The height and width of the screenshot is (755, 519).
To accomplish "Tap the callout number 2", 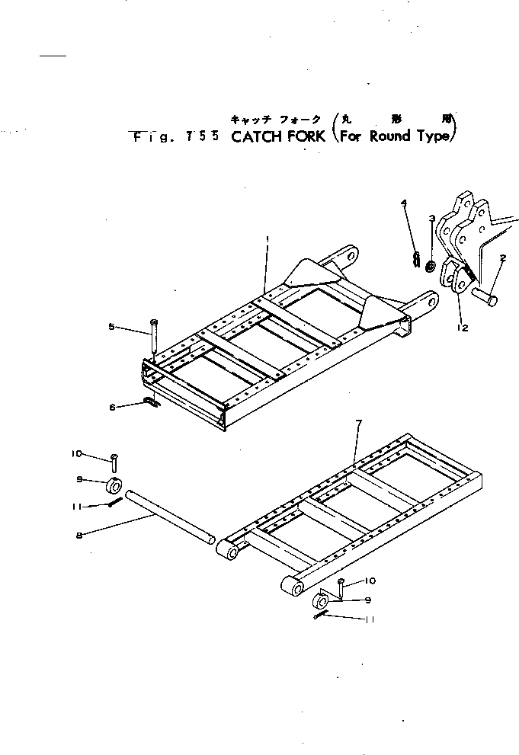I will pos(504,260).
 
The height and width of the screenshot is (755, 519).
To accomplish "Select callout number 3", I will pos(432,219).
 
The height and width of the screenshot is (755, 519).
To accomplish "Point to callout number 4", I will pos(404,203).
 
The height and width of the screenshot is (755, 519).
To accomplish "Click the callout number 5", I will pos(111,327).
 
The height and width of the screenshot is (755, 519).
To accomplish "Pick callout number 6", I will pos(112,408).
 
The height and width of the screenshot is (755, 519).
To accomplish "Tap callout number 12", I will pos(463,328).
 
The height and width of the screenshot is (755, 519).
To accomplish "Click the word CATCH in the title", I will pos(258,137).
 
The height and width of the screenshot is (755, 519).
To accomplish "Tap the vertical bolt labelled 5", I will pos(155,338).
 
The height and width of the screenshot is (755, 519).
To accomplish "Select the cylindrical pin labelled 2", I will pos(484,296).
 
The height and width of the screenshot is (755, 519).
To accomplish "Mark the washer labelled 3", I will pos(431,267).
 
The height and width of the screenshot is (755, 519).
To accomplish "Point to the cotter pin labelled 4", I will pos(415,260).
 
